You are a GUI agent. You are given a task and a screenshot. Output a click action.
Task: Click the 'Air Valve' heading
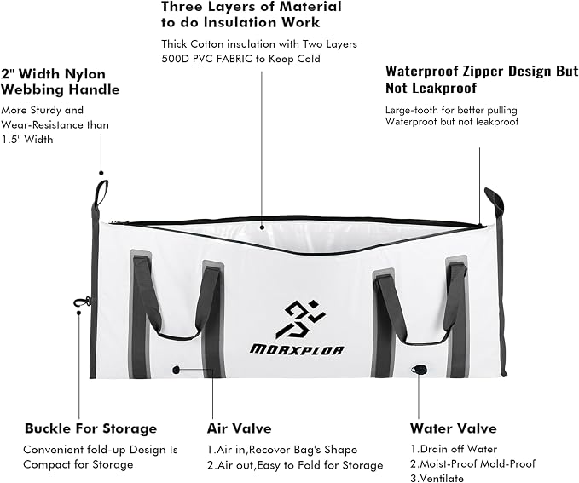(x=240, y=428)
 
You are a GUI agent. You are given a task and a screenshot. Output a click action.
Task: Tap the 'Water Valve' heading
(x=453, y=428)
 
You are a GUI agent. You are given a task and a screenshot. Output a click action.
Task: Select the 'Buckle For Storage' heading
(x=91, y=428)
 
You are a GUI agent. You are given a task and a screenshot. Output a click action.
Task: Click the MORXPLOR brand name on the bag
(x=298, y=349)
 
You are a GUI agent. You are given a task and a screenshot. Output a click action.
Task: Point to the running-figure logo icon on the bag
(x=300, y=319)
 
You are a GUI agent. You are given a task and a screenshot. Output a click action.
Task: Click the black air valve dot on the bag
(x=177, y=370)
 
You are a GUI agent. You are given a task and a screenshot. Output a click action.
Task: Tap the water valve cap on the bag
(x=419, y=370)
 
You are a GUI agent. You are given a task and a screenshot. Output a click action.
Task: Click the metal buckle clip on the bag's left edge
(x=82, y=302)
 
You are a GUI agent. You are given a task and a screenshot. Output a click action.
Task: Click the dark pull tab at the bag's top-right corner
(x=495, y=201)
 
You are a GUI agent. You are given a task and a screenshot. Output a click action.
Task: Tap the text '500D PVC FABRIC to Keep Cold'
(x=240, y=59)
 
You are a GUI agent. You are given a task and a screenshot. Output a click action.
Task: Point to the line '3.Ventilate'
(x=437, y=478)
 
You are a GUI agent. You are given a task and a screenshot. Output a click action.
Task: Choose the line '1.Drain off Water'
(x=454, y=449)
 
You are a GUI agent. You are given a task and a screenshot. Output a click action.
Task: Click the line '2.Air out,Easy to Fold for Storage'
(x=295, y=465)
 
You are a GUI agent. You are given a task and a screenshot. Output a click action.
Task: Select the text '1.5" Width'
(x=27, y=140)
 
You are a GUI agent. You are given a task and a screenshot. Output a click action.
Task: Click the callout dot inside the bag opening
(x=262, y=227)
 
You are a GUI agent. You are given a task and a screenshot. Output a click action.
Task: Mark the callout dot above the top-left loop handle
(x=101, y=173)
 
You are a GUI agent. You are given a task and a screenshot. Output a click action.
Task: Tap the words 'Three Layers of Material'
(x=252, y=7)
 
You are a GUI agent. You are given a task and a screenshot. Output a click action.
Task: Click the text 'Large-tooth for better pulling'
(x=451, y=110)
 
